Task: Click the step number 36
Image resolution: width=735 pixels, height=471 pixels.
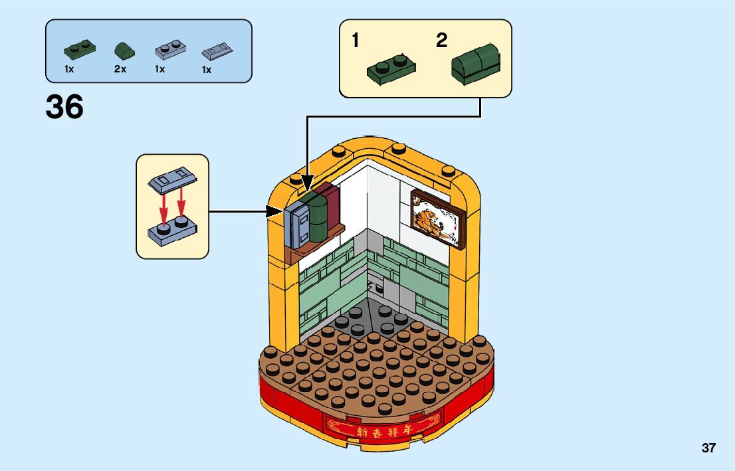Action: click(64, 107)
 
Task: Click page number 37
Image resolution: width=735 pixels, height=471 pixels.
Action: click(708, 448)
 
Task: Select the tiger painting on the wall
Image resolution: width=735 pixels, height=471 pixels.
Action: click(437, 218)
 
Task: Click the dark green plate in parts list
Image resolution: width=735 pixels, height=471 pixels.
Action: click(79, 50)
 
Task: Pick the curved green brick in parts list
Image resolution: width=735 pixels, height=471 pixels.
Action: click(123, 50)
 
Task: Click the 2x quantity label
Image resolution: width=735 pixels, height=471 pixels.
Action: click(120, 69)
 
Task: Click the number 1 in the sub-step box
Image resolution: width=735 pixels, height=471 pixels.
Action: click(356, 41)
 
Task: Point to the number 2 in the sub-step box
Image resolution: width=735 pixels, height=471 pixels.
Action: click(442, 41)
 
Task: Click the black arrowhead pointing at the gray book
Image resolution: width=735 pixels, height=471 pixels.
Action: click(277, 212)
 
